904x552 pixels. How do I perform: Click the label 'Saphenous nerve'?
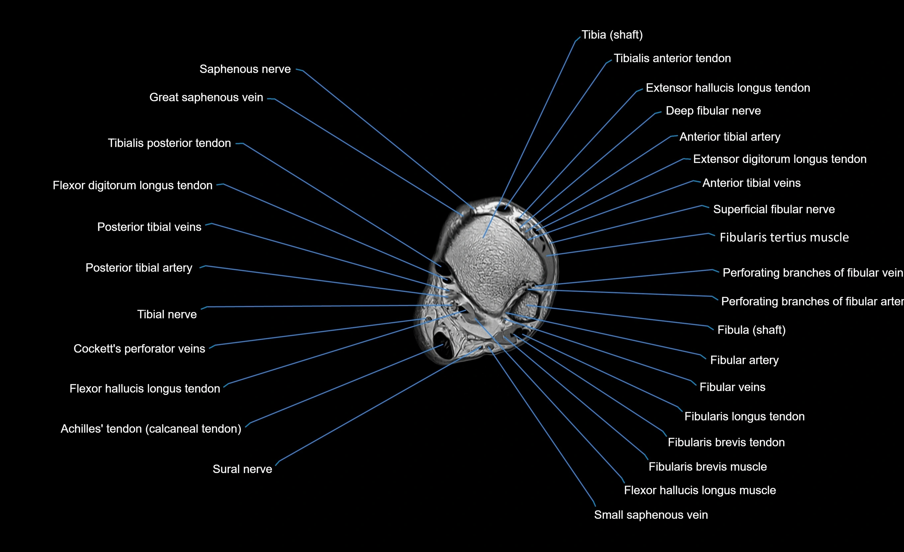[245, 69]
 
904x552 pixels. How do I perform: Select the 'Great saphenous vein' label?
[206, 97]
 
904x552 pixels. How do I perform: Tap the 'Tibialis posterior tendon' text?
[169, 143]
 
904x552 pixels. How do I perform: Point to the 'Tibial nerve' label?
[167, 314]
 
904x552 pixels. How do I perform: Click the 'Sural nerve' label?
[242, 469]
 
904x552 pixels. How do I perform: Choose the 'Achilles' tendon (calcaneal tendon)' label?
[151, 429]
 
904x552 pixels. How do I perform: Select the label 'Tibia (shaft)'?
[612, 35]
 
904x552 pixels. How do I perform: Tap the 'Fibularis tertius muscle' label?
[784, 237]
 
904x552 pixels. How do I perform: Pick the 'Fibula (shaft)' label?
[751, 330]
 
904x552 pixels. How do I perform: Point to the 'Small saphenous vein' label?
[651, 515]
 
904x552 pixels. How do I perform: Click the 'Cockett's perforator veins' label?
[139, 349]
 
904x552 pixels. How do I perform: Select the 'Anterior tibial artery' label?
[730, 137]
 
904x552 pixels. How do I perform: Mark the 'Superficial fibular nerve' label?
[774, 209]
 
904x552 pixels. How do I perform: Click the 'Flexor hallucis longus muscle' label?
[700, 490]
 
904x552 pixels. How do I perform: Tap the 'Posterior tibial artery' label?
[139, 268]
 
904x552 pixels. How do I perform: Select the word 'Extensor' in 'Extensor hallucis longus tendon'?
[669, 88]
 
